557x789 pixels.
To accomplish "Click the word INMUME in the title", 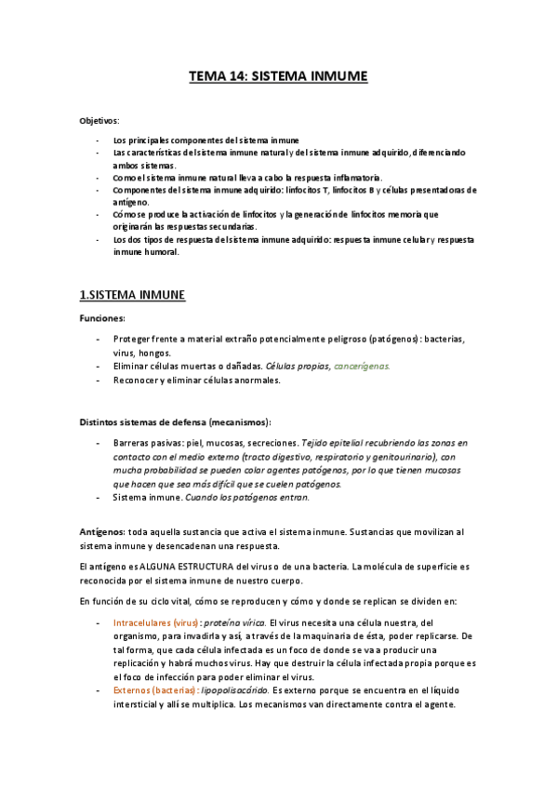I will click(x=335, y=78).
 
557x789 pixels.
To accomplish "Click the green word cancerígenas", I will click(x=362, y=367).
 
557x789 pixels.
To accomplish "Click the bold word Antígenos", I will click(x=102, y=531).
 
